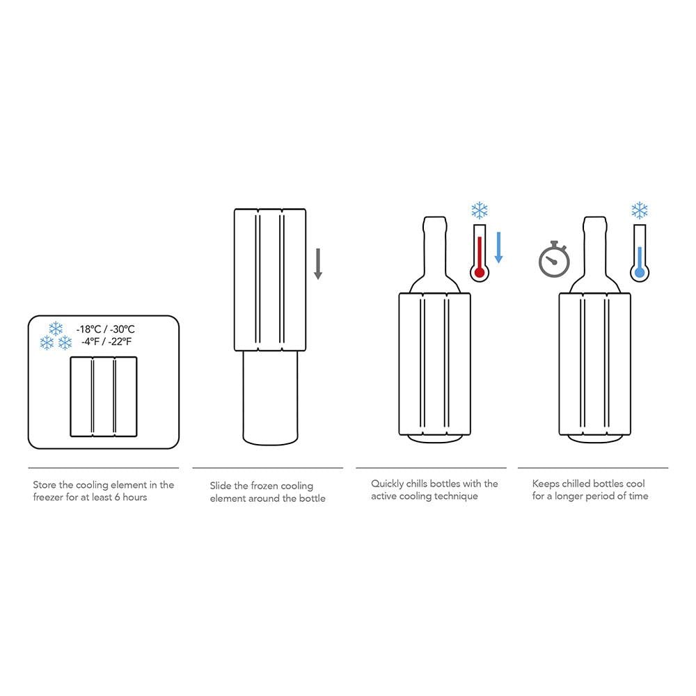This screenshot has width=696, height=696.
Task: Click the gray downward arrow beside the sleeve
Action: tap(318, 264)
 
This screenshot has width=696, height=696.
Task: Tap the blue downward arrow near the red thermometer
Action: tap(498, 247)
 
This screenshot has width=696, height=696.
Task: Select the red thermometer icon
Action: tap(480, 253)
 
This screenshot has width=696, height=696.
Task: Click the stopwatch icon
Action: tap(554, 260)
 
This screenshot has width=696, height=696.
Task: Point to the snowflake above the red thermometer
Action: tap(480, 210)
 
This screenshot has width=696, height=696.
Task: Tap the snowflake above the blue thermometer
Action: tap(640, 210)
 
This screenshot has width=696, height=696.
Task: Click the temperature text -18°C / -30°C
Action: tap(106, 329)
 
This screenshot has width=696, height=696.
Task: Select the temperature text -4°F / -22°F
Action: tap(106, 342)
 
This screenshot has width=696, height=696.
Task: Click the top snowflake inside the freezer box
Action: tap(56, 329)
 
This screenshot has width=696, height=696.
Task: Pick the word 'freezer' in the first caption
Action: tap(49, 497)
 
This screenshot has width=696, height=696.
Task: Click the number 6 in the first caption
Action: tap(117, 497)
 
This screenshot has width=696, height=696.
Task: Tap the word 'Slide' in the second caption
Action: tap(220, 486)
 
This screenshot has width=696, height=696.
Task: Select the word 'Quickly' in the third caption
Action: tap(387, 484)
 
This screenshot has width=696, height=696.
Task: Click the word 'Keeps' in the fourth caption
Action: tap(546, 484)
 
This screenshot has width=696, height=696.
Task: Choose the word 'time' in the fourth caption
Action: tap(638, 496)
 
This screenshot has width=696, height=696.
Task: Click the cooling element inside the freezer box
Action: tap(104, 397)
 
